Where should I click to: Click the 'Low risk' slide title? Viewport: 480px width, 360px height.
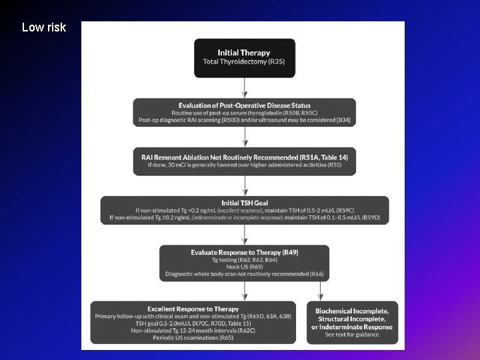pos(44,27)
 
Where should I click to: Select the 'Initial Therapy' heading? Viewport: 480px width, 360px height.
pos(244,52)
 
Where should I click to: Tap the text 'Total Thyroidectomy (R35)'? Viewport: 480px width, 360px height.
pos(244,62)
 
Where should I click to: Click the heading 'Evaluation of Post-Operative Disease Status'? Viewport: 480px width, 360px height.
pos(245,105)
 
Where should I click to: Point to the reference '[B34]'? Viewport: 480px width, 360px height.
pos(344,120)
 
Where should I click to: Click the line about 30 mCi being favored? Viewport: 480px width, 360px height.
pos(245,165)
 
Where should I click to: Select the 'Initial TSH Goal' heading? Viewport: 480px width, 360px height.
pos(245,202)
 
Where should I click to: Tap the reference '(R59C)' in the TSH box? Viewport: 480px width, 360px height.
pos(343,210)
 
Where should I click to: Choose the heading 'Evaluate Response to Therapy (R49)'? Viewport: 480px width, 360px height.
pos(245,253)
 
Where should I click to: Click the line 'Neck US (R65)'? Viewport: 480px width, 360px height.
pos(245,267)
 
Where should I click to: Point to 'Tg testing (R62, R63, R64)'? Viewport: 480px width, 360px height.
pos(245,260)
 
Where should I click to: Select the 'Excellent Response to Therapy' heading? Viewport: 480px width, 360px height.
pos(193,309)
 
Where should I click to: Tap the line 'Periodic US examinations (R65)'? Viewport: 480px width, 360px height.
pos(193,338)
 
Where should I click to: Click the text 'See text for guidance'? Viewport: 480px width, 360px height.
pos(351,335)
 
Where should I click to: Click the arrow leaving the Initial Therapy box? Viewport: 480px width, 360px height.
pos(245,87)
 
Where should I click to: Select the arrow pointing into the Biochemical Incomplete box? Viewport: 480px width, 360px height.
pos(321,291)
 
